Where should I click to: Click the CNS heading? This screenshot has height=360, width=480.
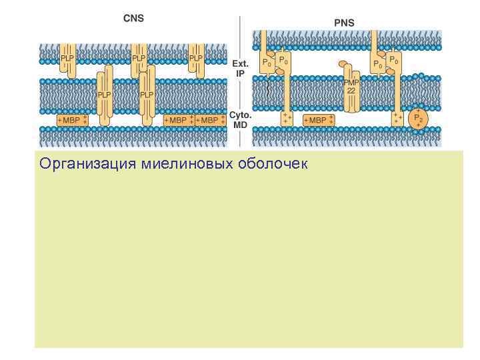[x=133, y=18]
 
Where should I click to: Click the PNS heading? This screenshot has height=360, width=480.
[x=344, y=23]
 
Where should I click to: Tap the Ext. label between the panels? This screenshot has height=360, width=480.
[x=240, y=64]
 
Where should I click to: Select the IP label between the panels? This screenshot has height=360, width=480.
[x=239, y=73]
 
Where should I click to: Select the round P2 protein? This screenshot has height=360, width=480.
[x=419, y=118]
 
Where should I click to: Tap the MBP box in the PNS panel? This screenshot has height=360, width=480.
[x=318, y=120]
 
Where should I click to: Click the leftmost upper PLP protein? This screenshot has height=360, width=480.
[x=68, y=59]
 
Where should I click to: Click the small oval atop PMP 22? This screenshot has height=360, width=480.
[x=344, y=65]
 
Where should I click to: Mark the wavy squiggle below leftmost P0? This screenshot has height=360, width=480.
[x=269, y=87]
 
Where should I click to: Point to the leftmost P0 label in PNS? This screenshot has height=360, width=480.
[x=266, y=63]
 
